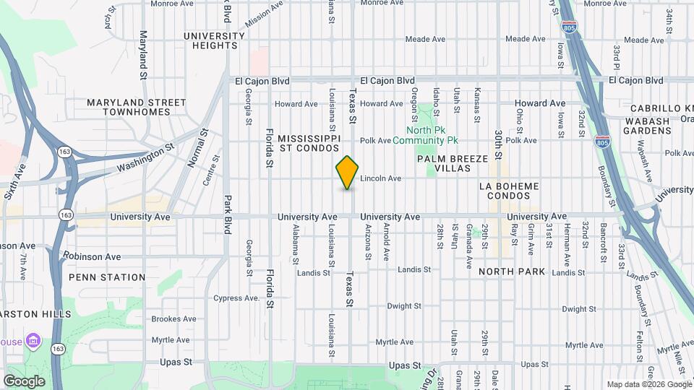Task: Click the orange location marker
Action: point(348,173)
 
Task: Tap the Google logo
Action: point(24,381)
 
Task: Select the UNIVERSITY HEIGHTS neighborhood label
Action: point(214,40)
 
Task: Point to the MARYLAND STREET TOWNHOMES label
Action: point(137,107)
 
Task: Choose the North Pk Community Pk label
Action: point(427,135)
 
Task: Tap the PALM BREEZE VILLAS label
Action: point(443,162)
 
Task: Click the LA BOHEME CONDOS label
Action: point(509,191)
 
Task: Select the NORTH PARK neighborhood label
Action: point(512,272)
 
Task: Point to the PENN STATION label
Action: point(107,277)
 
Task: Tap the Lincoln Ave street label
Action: point(380,178)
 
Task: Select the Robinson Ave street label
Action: point(92,256)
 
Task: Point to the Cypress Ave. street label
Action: point(236,298)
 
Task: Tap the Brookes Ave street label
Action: point(173,318)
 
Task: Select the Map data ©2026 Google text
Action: point(648,384)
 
